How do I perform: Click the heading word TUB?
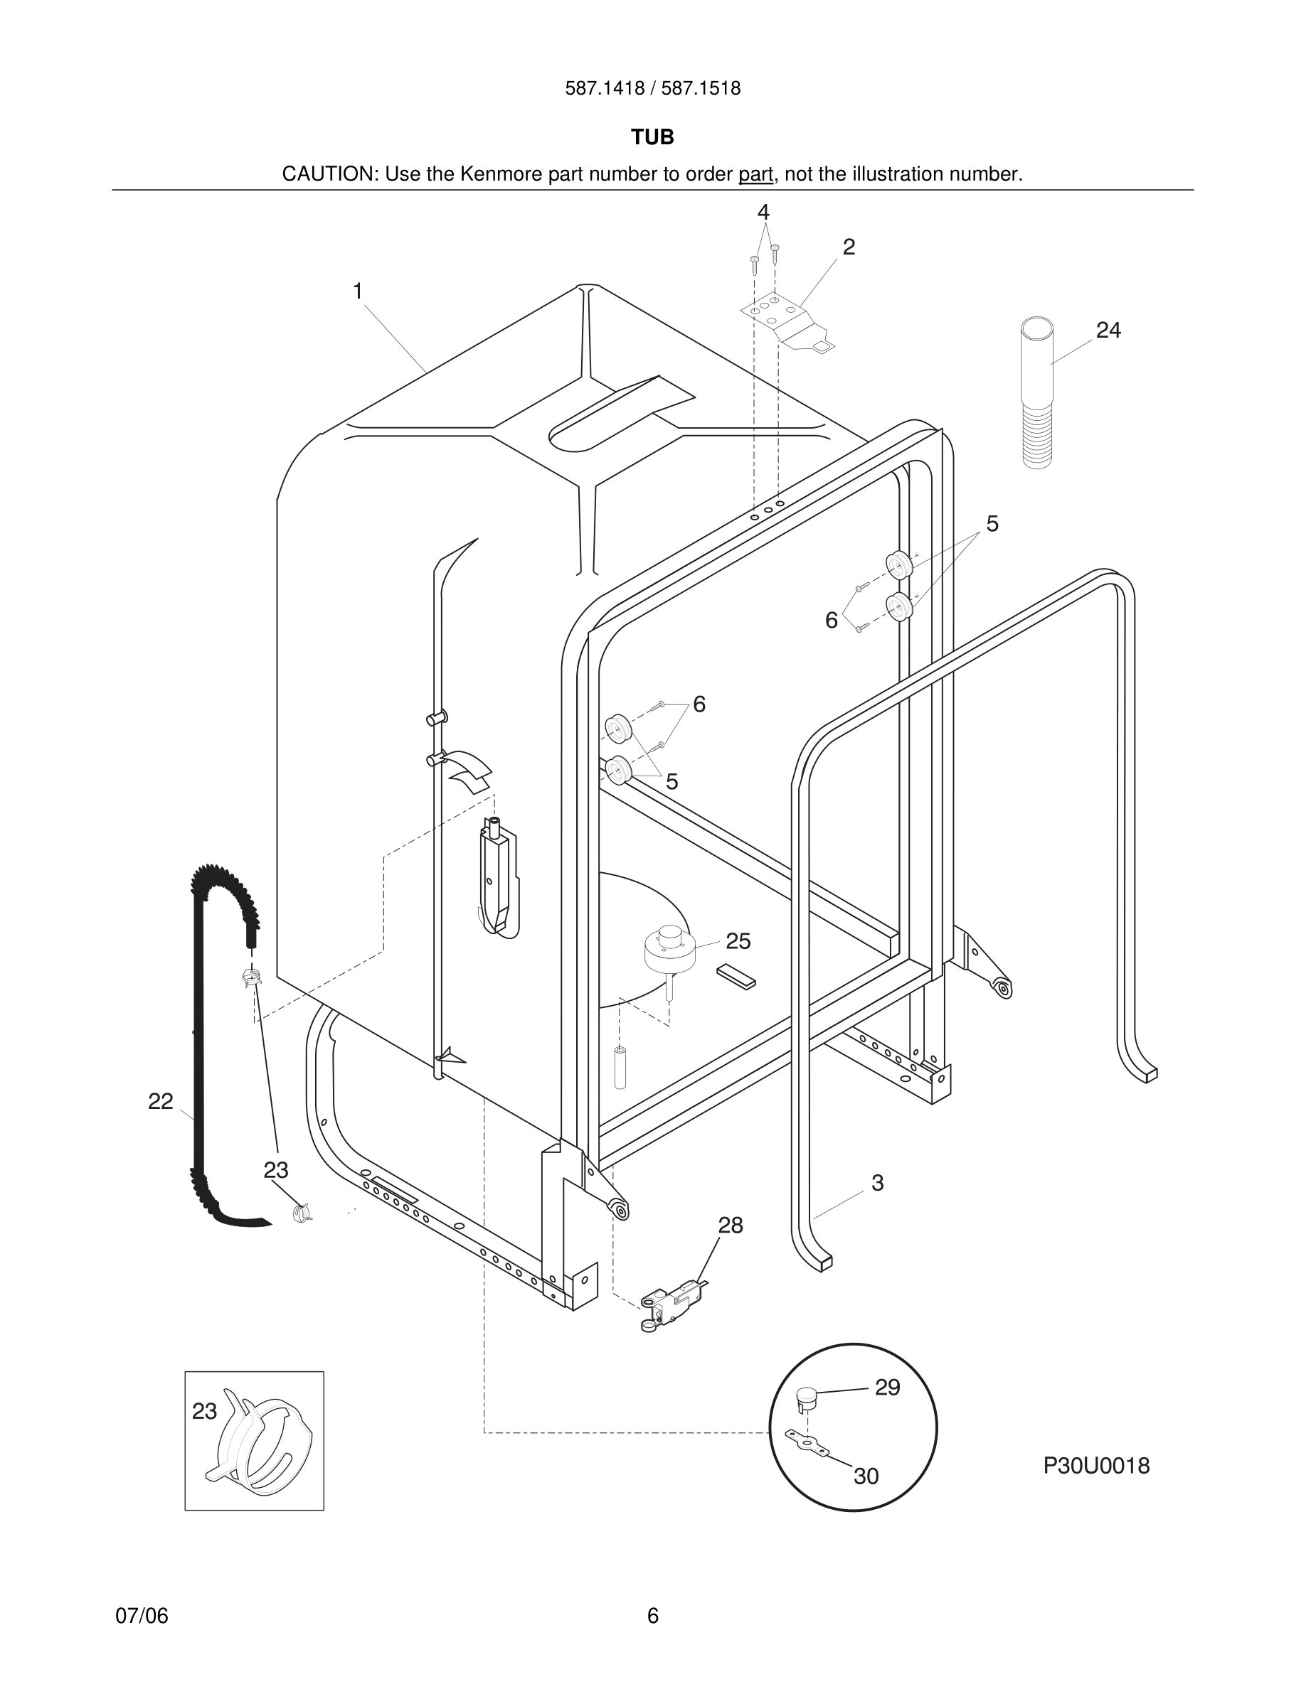click(x=652, y=137)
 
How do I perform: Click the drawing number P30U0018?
click(x=1095, y=1466)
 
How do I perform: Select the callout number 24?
click(x=1108, y=331)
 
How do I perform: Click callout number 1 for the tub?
click(x=358, y=291)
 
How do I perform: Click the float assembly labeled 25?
click(x=669, y=949)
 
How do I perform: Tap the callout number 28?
click(x=730, y=1225)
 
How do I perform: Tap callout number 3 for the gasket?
click(x=877, y=1182)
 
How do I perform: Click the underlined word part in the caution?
click(x=755, y=174)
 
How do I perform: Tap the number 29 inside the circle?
click(x=888, y=1388)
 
